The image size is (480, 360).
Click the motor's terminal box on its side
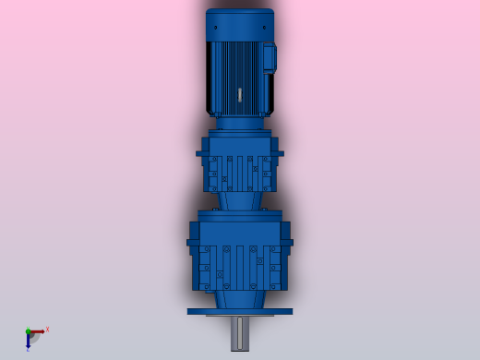click(x=269, y=58)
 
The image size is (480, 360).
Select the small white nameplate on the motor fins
click(x=240, y=94)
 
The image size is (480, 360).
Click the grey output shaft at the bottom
click(x=240, y=333)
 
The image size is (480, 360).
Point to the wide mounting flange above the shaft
click(x=240, y=311)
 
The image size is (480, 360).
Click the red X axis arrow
click(x=39, y=331)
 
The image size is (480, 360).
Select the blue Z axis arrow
click(x=28, y=342)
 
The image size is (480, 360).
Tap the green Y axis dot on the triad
click(x=28, y=331)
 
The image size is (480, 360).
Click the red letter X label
click(x=47, y=329)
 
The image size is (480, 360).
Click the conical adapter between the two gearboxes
click(x=240, y=200)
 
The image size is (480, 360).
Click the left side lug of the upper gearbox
click(x=199, y=153)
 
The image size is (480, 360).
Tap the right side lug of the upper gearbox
click(x=280, y=153)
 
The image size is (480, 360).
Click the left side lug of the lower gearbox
click(x=192, y=243)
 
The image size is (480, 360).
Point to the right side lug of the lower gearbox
click(x=287, y=243)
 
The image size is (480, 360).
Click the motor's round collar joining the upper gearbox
click(x=240, y=123)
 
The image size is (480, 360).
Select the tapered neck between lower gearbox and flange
click(x=240, y=298)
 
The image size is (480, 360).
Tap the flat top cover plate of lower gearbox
click(x=240, y=216)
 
